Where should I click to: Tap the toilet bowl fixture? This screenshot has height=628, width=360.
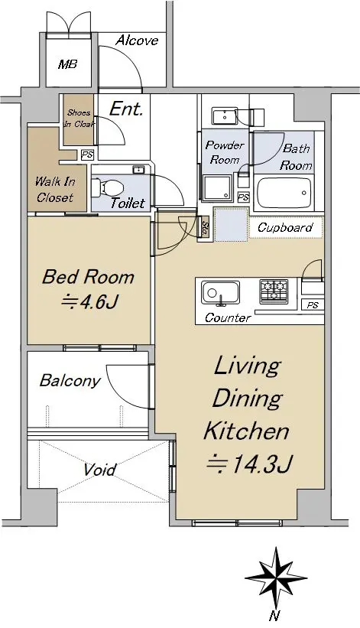click(x=107, y=188)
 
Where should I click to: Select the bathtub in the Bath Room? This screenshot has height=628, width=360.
click(x=284, y=193)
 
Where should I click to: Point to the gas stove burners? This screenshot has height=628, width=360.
click(x=274, y=291)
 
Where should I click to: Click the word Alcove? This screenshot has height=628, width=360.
click(x=137, y=40)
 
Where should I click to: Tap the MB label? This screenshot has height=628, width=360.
click(x=67, y=64)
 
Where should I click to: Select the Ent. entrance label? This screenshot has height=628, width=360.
click(x=126, y=109)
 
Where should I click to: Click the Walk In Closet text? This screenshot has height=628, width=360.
click(x=55, y=190)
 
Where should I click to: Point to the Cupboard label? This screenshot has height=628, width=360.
click(x=285, y=227)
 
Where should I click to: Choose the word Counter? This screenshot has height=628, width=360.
click(x=228, y=317)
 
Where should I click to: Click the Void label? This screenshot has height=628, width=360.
click(x=100, y=470)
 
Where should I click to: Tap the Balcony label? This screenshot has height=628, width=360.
click(x=70, y=380)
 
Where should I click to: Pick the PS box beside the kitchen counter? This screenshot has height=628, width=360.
click(x=313, y=305)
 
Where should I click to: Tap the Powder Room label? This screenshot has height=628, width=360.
click(x=225, y=152)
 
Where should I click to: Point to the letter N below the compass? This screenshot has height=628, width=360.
click(x=274, y=615)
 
